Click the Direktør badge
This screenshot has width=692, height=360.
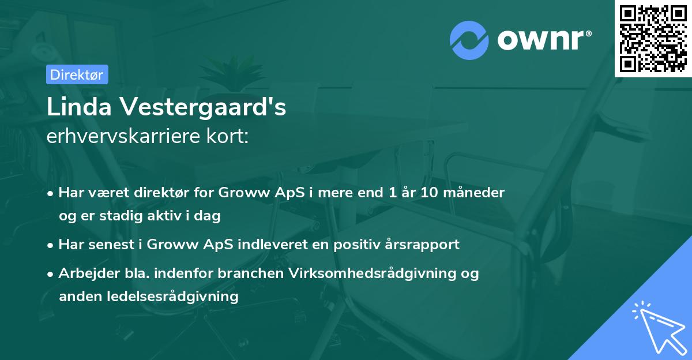point(77,74)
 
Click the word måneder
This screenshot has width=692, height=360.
point(476,192)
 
